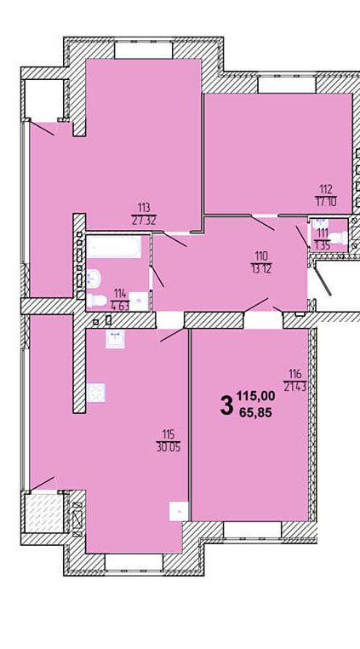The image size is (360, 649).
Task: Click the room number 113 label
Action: tap(145, 207)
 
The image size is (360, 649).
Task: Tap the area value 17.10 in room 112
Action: tap(326, 202)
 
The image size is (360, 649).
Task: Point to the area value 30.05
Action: tap(169, 447)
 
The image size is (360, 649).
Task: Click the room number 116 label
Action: tap(295, 374)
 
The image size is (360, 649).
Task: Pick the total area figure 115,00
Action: tap(255, 396)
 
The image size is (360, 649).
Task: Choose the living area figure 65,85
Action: tap(259, 412)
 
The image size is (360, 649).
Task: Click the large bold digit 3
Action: tap(226, 405)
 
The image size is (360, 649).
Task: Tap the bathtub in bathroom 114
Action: tap(114, 247)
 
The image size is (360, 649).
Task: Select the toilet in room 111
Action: tap(340, 238)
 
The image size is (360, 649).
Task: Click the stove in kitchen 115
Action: tap(96, 393)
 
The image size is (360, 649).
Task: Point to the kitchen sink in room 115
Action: tap(115, 339)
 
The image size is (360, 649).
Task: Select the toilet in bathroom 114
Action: tap(96, 300)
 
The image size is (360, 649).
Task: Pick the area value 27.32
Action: tap(145, 220)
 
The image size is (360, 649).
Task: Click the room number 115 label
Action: tap(169, 434)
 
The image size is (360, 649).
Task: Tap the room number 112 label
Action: tap(326, 190)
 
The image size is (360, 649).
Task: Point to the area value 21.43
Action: tap(295, 387)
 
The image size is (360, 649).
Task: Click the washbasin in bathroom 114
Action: tap(94, 278)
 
